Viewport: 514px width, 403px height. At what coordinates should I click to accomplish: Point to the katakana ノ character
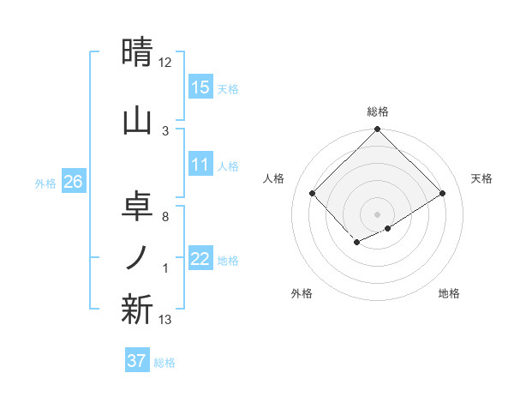(139, 257)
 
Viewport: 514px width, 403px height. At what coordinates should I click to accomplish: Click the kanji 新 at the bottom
(139, 309)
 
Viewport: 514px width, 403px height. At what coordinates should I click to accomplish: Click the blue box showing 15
(200, 87)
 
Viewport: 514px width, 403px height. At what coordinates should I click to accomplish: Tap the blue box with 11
(200, 165)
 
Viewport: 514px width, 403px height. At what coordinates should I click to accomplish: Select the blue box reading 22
(200, 260)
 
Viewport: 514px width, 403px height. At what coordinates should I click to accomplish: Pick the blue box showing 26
(74, 182)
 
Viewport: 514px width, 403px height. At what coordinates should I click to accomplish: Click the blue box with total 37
(137, 361)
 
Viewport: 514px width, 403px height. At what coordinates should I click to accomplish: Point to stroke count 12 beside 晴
(165, 63)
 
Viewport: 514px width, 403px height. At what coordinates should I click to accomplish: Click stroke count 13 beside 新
(165, 320)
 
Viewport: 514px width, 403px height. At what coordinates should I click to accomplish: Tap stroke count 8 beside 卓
(165, 217)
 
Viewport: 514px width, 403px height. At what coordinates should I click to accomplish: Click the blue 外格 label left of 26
(45, 183)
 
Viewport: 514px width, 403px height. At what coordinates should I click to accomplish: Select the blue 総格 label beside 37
(164, 362)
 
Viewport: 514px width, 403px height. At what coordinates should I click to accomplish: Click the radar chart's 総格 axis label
(377, 111)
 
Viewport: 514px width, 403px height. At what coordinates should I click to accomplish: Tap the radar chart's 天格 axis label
(481, 178)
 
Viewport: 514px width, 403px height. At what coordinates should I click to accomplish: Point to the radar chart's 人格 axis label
(274, 178)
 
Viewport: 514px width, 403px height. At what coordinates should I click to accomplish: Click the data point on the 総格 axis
(377, 129)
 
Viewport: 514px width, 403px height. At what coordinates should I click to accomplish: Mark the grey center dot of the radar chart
(377, 214)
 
